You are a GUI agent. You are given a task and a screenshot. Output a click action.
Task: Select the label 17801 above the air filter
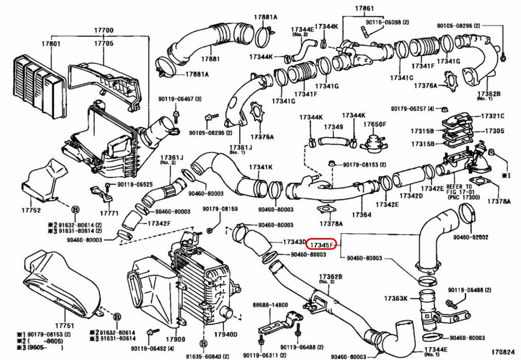click(53, 43)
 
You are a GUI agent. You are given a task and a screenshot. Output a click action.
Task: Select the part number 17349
click(333, 127)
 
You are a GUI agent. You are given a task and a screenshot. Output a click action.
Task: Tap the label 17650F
click(375, 124)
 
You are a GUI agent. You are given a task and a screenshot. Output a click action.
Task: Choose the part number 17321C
click(492, 116)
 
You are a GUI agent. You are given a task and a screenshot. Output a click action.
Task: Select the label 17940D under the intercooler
click(225, 333)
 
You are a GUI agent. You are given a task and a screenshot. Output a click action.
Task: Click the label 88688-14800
click(270, 304)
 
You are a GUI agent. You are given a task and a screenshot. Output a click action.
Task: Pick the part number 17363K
click(395, 299)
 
